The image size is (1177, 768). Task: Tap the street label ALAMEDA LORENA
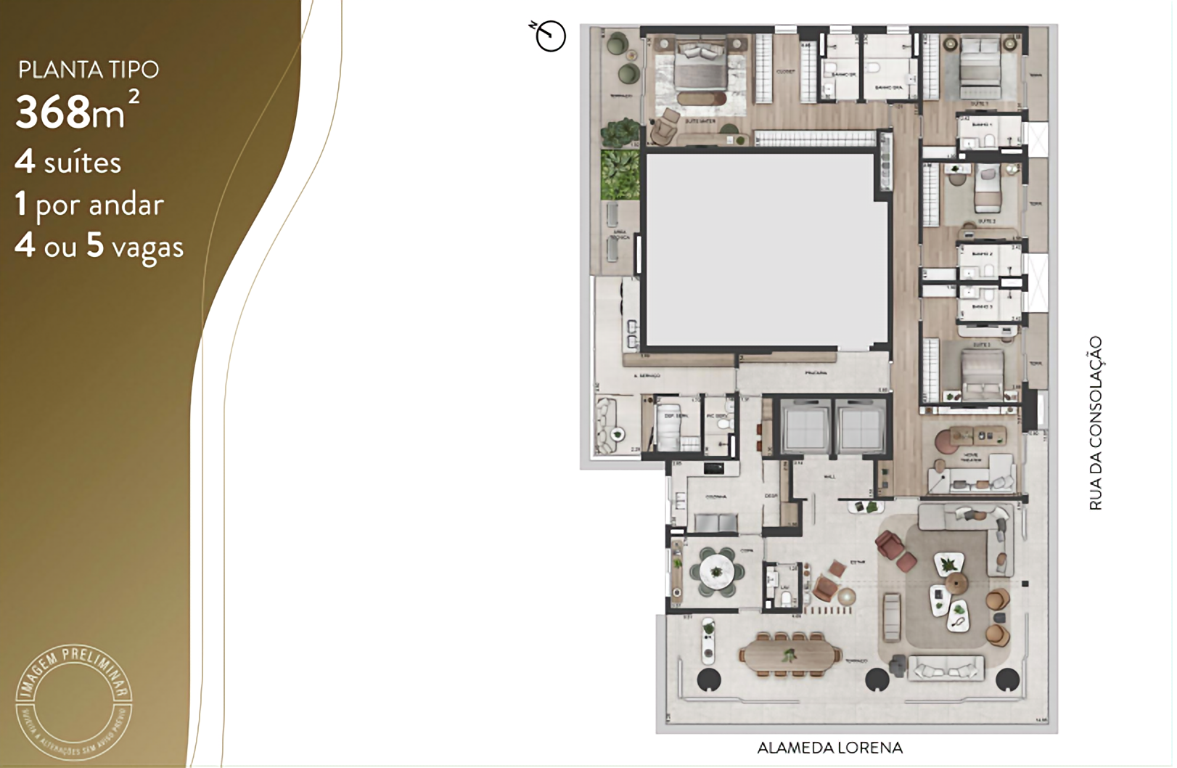(x=829, y=748)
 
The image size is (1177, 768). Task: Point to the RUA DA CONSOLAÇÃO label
(x=1095, y=422)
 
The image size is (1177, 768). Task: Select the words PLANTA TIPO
(x=89, y=70)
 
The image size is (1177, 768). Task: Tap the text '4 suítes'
(x=68, y=162)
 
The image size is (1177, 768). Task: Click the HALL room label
(x=830, y=477)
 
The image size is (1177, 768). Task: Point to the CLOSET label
(x=785, y=72)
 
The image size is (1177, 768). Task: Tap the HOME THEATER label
(x=970, y=458)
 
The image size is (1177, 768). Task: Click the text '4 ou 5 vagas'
(x=99, y=246)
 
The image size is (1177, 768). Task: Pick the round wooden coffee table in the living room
(x=957, y=582)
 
